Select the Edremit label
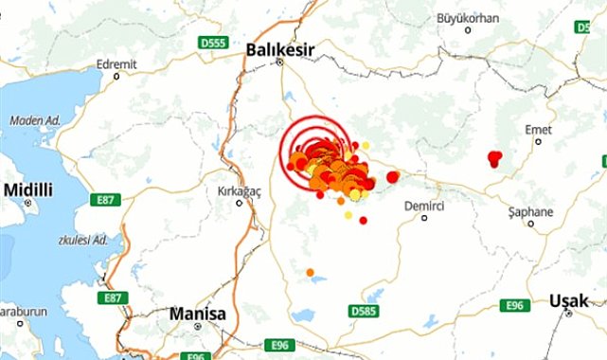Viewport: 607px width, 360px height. (116, 64)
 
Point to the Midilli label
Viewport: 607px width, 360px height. (28, 189)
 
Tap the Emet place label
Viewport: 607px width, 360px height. (537, 129)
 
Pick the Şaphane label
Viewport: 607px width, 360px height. (530, 211)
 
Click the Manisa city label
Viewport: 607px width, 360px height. (197, 313)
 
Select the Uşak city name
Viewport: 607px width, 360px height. (569, 301)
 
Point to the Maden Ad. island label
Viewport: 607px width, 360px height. (34, 120)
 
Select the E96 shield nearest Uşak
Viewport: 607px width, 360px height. (515, 305)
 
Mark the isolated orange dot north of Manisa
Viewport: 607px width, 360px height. (310, 273)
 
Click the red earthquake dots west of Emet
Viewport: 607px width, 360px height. (494, 157)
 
